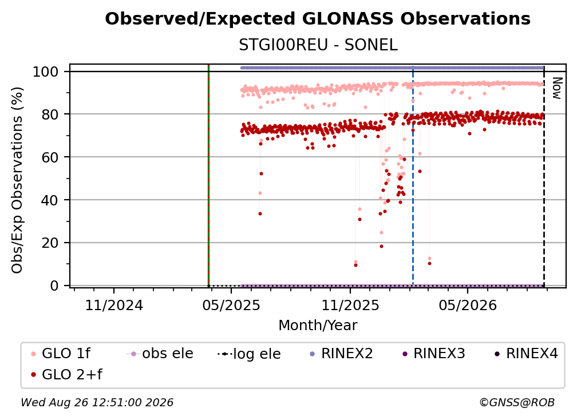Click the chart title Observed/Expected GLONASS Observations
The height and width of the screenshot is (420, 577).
(318, 19)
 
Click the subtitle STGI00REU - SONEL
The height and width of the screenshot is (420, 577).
(318, 45)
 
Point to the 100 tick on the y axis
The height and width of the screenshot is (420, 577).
(45, 72)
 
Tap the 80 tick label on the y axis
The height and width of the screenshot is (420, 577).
(50, 114)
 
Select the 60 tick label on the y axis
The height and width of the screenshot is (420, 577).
(50, 157)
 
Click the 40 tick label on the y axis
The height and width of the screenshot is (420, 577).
(50, 200)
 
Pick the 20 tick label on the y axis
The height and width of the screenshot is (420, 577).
(50, 243)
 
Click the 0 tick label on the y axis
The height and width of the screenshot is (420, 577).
(54, 286)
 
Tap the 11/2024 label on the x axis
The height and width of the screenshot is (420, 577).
(114, 305)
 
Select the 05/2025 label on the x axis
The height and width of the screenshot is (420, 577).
(231, 305)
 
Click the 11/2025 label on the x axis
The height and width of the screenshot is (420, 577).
(350, 305)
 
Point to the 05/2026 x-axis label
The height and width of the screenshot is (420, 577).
(468, 305)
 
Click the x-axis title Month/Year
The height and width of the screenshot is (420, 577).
(318, 326)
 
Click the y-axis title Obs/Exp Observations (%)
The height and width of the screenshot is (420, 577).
(17, 180)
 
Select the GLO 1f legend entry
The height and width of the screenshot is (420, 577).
(61, 354)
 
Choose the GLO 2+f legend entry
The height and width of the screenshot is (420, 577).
(66, 374)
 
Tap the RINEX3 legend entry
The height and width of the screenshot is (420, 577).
(434, 354)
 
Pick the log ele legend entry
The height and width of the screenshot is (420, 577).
(249, 354)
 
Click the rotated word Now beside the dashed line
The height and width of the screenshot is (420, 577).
(558, 88)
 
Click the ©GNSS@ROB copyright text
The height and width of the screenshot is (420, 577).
(517, 402)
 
